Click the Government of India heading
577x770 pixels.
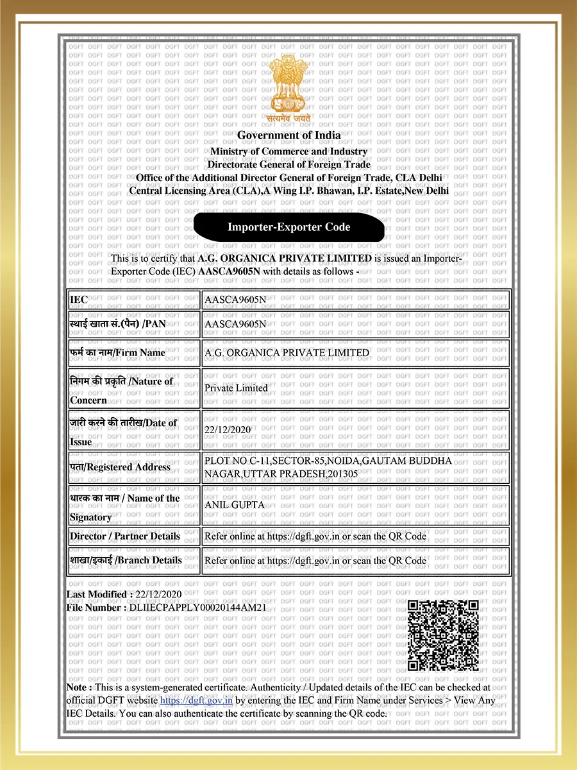click(x=289, y=135)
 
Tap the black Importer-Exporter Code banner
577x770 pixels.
click(x=289, y=227)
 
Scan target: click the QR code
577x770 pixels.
click(x=444, y=635)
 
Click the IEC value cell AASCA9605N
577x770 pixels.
click(x=235, y=300)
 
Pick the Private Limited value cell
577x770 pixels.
click(x=236, y=388)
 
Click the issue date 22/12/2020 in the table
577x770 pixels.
click(x=228, y=429)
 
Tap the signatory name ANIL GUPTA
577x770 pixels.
click(x=234, y=505)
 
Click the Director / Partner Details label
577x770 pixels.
click(x=125, y=536)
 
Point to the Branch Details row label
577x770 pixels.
click(x=126, y=560)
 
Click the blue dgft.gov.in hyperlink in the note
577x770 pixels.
click(x=196, y=700)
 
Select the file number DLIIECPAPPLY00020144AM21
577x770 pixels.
click(x=197, y=607)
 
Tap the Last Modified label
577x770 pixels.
click(x=100, y=595)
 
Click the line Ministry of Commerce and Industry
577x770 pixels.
click(x=289, y=151)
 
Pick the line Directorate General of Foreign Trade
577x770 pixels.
click(x=289, y=164)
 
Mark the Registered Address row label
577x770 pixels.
click(x=121, y=467)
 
